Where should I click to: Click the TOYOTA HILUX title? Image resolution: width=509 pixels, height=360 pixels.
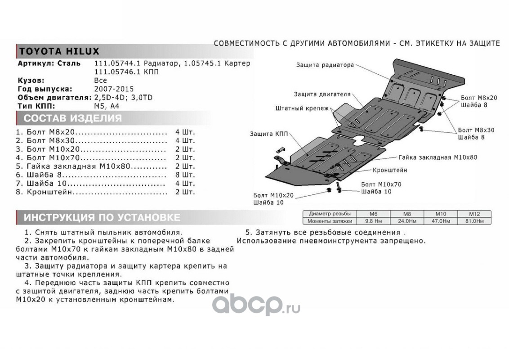pyautogui.click(x=58, y=51)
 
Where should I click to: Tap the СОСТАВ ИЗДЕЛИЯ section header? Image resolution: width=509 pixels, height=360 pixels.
pyautogui.click(x=72, y=118)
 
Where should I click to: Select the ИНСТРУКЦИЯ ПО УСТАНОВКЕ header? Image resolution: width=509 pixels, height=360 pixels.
pyautogui.click(x=102, y=218)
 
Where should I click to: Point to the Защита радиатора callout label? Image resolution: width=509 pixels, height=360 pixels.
pyautogui.click(x=325, y=65)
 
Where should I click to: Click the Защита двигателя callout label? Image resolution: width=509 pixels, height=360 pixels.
pyautogui.click(x=322, y=94)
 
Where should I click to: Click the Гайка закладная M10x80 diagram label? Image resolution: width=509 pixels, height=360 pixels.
pyautogui.click(x=438, y=158)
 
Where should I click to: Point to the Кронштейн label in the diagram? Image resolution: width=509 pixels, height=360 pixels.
pyautogui.click(x=390, y=171)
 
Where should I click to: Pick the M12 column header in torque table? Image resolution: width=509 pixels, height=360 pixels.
pyautogui.click(x=474, y=214)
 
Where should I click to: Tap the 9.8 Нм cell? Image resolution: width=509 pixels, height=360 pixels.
pyautogui.click(x=372, y=221)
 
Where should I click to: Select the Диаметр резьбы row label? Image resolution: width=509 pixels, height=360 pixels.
pyautogui.click(x=327, y=214)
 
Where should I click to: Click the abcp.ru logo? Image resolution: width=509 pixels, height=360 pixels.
pyautogui.click(x=256, y=306)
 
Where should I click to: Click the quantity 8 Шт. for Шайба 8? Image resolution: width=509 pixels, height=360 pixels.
pyautogui.click(x=185, y=175)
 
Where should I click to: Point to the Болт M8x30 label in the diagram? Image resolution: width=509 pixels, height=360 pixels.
pyautogui.click(x=476, y=130)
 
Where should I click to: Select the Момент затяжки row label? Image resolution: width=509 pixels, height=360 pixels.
pyautogui.click(x=327, y=221)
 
